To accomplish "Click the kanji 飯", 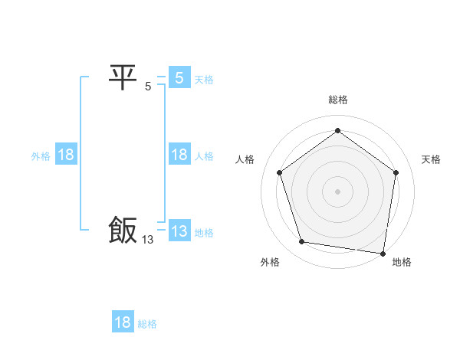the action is [x=123, y=231].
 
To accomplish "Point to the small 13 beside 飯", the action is [x=148, y=240].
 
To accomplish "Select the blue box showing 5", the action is [x=179, y=77].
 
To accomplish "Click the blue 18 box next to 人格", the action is [x=179, y=155].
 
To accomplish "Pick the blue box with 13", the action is [x=179, y=231].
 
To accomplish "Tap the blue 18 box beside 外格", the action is [x=66, y=155].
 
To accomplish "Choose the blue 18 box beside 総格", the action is [x=123, y=322].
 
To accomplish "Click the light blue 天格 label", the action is [x=204, y=80].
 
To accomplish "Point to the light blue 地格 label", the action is [x=204, y=233].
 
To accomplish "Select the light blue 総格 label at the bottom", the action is [x=147, y=324].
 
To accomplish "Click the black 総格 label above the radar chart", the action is [x=338, y=100].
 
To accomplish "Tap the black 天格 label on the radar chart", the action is [x=431, y=159].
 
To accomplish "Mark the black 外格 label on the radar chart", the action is [x=270, y=262].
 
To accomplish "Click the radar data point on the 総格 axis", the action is [x=337, y=131].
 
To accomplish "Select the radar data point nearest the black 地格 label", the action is [x=383, y=253].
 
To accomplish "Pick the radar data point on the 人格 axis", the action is [x=279, y=172].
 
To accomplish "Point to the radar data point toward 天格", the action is [x=396, y=172].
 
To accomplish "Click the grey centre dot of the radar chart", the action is [x=337, y=191].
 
